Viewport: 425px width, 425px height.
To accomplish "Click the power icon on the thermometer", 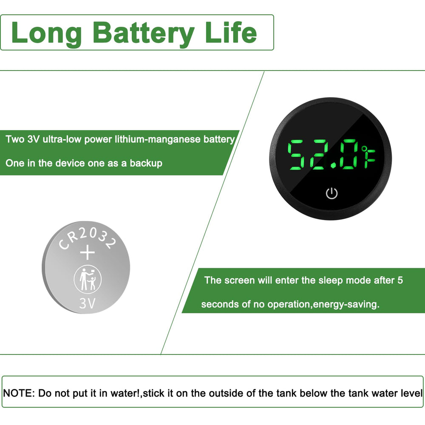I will click(331, 194).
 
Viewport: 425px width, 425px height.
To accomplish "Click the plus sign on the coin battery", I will click(88, 253).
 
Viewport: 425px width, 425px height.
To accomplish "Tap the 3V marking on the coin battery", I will click(88, 303).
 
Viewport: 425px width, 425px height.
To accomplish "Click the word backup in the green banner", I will click(147, 163).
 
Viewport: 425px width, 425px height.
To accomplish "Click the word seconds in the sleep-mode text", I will click(218, 305).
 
